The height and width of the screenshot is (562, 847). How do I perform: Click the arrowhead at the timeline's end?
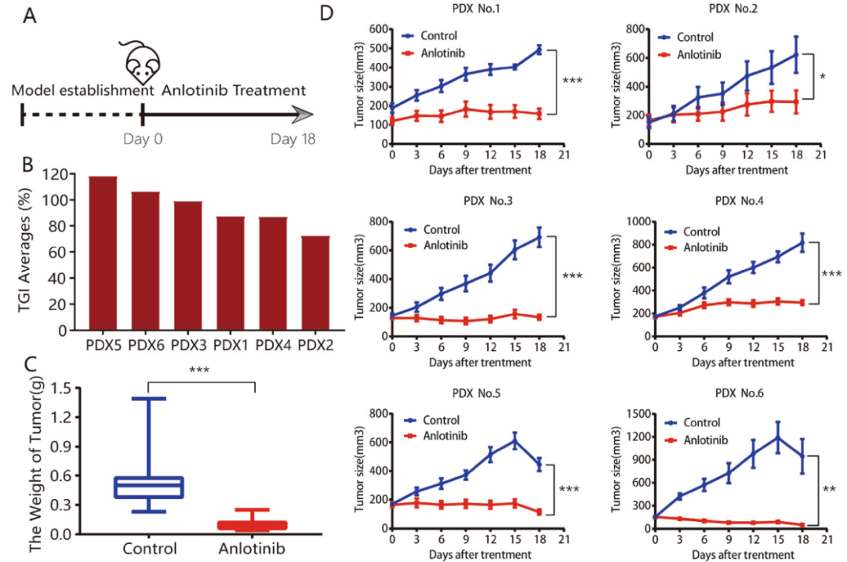(x=300, y=116)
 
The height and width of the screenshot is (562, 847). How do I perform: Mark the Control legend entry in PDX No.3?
(x=440, y=230)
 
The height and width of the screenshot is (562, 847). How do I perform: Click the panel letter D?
(x=328, y=13)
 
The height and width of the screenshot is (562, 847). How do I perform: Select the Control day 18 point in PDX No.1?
(x=540, y=49)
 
